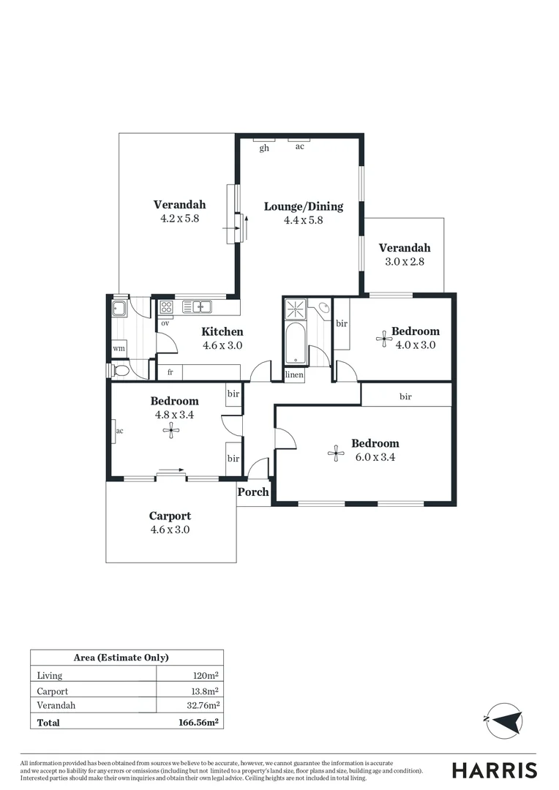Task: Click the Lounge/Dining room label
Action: (303, 206)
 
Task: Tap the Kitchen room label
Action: (222, 332)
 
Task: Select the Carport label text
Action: (170, 516)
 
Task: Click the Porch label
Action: (254, 492)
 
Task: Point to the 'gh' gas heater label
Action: (264, 148)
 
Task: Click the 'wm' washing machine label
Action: (119, 349)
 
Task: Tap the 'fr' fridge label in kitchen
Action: (170, 372)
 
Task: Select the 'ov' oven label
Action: (165, 323)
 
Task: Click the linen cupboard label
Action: (294, 375)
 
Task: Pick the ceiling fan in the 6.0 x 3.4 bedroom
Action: (335, 454)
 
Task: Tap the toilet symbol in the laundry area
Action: (121, 372)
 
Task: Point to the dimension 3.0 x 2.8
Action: (404, 262)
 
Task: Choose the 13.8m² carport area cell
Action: (205, 691)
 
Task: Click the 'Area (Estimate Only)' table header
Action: (126, 658)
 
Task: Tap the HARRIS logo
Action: (494, 770)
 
